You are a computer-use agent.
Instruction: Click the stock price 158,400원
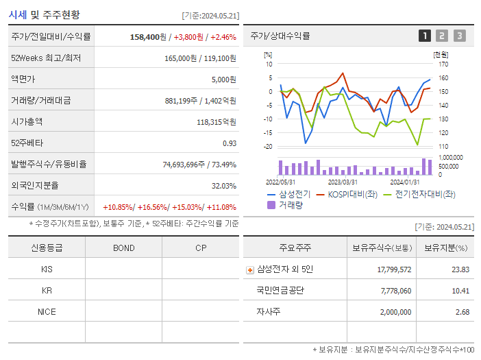[x=147, y=36]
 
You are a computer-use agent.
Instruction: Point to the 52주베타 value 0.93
[x=229, y=143]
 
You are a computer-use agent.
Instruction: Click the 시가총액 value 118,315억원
[x=216, y=122]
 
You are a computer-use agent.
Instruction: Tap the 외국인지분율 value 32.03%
[x=223, y=186]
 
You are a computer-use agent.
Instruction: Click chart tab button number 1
[x=425, y=36]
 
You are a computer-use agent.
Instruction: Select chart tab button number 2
[x=442, y=36]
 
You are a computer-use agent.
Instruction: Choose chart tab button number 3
[x=459, y=36]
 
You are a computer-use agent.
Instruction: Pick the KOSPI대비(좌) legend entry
[x=351, y=194]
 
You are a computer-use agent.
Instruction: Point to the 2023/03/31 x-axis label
[x=342, y=182]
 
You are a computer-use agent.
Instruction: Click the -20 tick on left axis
[x=268, y=146]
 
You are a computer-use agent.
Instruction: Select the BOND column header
[x=123, y=248]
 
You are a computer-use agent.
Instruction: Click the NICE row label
[x=47, y=312]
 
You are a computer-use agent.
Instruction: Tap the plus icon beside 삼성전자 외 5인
[x=250, y=269]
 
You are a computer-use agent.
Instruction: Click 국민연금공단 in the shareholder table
[x=280, y=291]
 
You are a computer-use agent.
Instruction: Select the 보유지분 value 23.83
[x=460, y=269]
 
